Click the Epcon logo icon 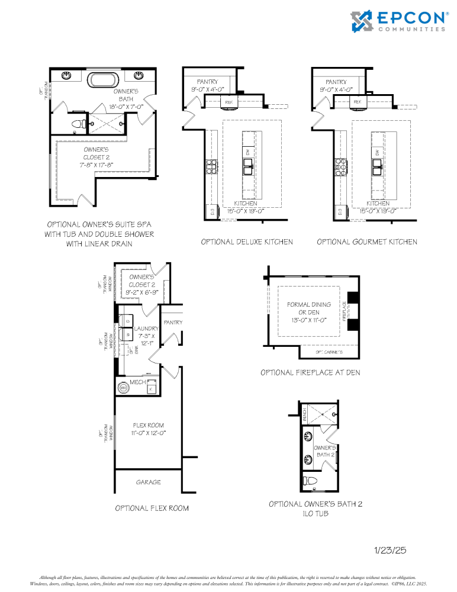[363, 21]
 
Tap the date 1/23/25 [390, 550]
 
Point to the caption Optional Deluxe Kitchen [246, 242]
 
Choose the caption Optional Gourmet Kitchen [366, 242]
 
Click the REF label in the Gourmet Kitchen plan [357, 102]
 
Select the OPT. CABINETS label [327, 352]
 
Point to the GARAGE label [148, 482]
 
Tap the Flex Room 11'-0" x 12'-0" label [148, 429]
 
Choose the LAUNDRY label [146, 329]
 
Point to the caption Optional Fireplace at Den [310, 372]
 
